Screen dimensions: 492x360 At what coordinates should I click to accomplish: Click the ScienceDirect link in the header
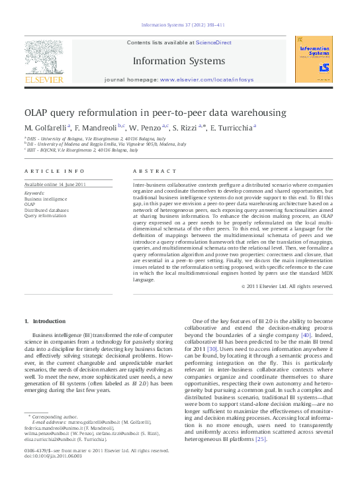pos(214,42)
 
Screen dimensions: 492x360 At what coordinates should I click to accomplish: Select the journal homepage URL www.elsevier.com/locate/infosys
pos(206,79)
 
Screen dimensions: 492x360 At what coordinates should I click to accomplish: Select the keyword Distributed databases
pos(46,210)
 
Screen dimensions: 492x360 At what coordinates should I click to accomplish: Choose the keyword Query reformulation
pos(45,215)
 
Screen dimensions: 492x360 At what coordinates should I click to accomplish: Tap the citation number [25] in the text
pos(261,438)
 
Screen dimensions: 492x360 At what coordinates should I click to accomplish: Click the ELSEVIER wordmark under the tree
pos(44,79)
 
